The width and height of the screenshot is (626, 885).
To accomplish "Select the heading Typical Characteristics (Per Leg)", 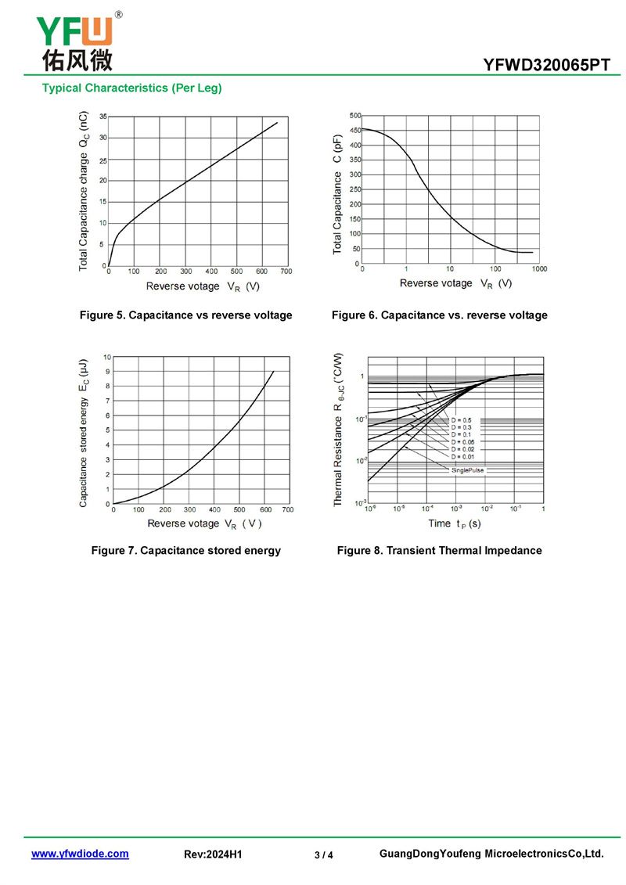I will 132,88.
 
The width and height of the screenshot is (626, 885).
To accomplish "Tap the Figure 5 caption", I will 186,315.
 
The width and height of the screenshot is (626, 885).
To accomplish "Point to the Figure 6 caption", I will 439,315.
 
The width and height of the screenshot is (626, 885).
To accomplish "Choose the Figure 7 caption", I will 186,551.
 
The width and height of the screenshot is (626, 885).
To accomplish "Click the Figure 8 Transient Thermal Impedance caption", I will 439,551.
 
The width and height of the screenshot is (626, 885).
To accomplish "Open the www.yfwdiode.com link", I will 80,854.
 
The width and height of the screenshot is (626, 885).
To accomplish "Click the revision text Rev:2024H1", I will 213,854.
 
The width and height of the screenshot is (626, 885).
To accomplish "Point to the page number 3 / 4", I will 324,854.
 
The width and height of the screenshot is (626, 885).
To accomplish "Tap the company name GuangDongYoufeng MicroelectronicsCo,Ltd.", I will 491,854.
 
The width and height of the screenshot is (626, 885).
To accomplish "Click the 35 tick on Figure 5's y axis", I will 102,117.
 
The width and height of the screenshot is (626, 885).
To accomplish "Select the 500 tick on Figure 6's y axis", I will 355,116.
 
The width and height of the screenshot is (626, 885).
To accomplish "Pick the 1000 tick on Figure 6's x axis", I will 539,269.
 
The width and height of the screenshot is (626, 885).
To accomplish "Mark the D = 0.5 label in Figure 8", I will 462,420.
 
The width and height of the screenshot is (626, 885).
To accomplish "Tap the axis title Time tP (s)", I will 454,523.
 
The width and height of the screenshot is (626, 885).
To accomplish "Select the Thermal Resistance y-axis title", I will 339,429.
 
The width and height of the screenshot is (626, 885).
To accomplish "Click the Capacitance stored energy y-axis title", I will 84,432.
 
